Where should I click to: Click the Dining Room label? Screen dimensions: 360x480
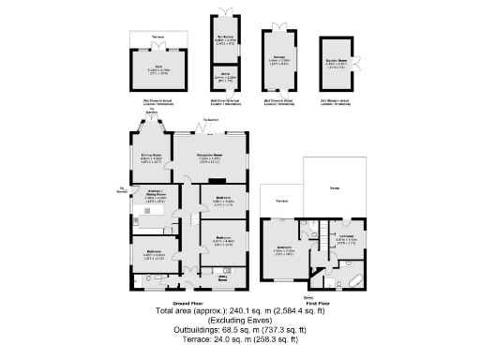click(x=151, y=157)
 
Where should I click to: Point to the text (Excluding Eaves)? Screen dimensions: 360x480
click(x=240, y=320)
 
